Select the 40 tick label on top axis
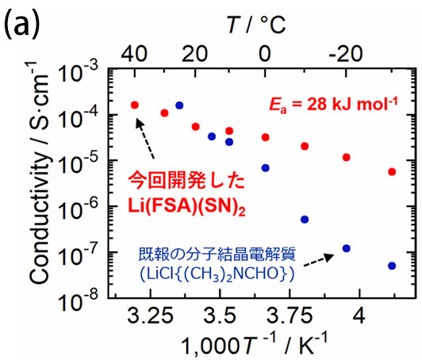tap(130, 52)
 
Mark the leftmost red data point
tap(134, 105)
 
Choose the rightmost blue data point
tap(392, 266)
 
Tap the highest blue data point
tap(179, 105)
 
